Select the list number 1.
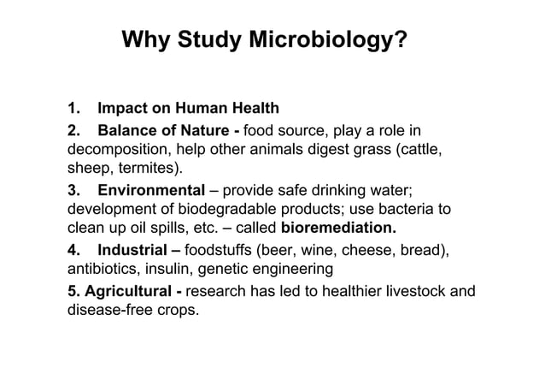click(x=74, y=109)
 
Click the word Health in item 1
click(x=253, y=109)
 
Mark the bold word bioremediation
click(x=338, y=229)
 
